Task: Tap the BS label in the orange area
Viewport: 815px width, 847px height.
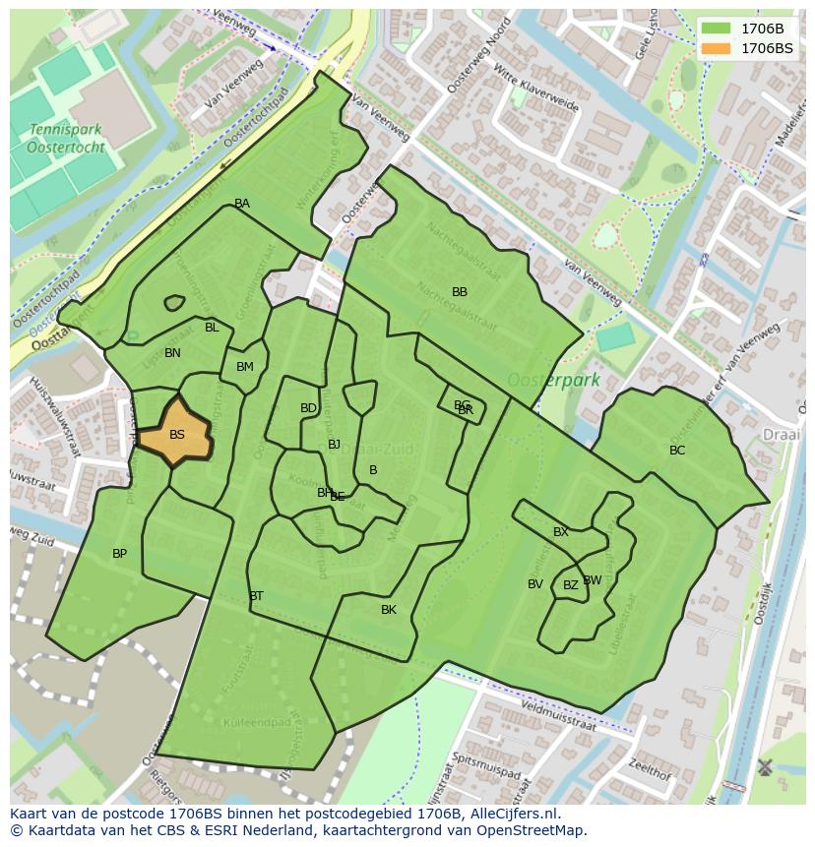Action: pyautogui.click(x=177, y=435)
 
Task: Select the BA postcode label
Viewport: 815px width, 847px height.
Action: pyautogui.click(x=242, y=204)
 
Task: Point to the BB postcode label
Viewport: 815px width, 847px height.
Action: pyautogui.click(x=460, y=292)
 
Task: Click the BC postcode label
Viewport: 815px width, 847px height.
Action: pyautogui.click(x=677, y=451)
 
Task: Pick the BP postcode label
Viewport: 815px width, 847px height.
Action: pyautogui.click(x=119, y=554)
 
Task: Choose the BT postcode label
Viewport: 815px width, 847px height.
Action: pyautogui.click(x=256, y=596)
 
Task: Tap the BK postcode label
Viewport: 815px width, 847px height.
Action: pyautogui.click(x=389, y=610)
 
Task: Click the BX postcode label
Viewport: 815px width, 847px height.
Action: pyautogui.click(x=561, y=532)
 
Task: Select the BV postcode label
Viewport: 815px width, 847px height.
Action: pyautogui.click(x=535, y=584)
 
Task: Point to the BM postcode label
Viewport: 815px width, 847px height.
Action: pyautogui.click(x=245, y=367)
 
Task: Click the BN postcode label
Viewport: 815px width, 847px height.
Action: pyautogui.click(x=172, y=353)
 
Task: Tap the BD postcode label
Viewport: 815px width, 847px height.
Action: pyautogui.click(x=308, y=408)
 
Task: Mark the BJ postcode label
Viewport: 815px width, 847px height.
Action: pyautogui.click(x=334, y=445)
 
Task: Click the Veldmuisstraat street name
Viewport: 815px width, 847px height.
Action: pyautogui.click(x=558, y=715)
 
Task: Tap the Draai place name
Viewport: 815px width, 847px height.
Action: pyautogui.click(x=782, y=434)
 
